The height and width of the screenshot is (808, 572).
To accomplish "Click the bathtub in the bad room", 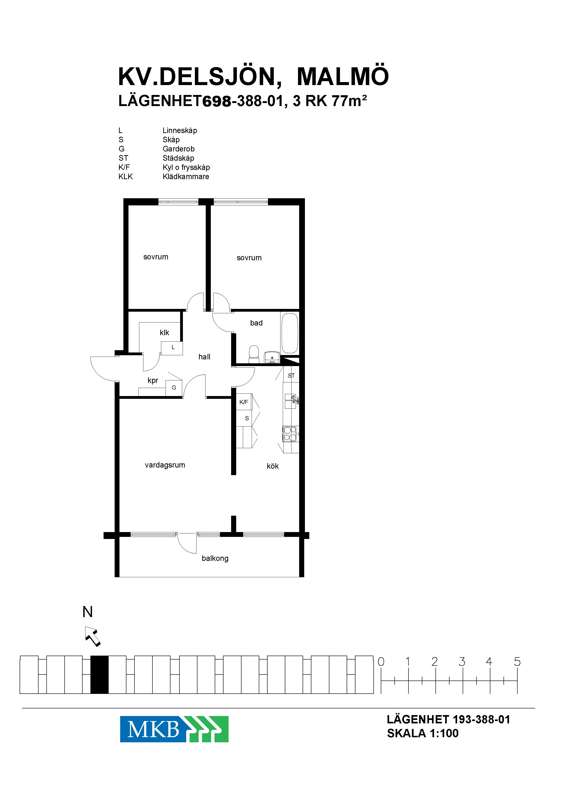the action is pos(289,333).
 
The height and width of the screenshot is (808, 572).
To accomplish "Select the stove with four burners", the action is pos(290,434).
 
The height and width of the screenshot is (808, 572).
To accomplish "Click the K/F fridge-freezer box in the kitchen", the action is pos(244,402).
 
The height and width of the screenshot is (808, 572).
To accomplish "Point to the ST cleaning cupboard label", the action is pos(291,376).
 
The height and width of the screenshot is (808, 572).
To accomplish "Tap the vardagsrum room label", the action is pos(165,465).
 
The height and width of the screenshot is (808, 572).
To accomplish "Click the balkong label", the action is pos(215,558).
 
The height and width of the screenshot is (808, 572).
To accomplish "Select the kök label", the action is pos(273,466).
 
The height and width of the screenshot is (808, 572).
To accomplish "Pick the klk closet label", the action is pos(164,332).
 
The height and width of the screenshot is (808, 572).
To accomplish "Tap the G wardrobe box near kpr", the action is pos(174,388).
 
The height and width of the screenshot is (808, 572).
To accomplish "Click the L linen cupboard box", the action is pos(172,348).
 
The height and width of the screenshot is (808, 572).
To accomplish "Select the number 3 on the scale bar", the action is pos(462,662).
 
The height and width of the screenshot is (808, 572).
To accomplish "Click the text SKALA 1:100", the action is pos(423,733).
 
